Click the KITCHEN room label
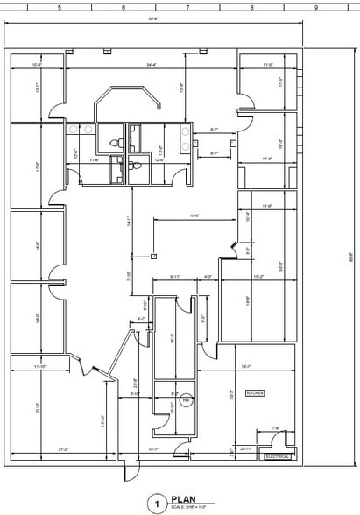256,393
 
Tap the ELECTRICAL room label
278,456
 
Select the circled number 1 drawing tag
157,504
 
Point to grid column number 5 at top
59,7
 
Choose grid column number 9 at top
315,7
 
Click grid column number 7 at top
187,7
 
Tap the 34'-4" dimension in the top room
152,64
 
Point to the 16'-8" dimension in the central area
194,215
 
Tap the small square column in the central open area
153,257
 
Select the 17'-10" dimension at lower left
39,366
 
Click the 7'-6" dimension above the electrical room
276,428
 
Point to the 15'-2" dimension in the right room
258,276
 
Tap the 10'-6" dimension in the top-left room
38,64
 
